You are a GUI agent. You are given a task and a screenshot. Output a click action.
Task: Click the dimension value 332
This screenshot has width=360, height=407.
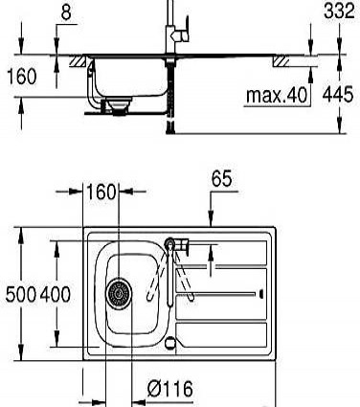(x=339, y=11)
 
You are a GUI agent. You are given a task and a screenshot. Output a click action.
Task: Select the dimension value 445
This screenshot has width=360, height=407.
(x=338, y=94)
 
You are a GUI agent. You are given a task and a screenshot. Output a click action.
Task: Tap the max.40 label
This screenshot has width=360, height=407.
(x=277, y=95)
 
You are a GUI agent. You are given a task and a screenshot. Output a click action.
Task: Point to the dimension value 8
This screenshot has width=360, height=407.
(x=66, y=12)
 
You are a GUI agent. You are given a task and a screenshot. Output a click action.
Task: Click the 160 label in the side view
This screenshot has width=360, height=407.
(x=21, y=77)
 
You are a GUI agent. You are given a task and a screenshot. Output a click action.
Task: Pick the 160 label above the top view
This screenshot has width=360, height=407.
(x=101, y=192)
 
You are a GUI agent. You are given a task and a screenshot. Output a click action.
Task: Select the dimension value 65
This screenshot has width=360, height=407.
(x=221, y=178)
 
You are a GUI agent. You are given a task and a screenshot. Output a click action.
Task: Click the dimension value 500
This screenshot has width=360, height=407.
(x=21, y=294)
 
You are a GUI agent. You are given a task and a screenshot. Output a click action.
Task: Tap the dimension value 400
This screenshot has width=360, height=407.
(x=56, y=294)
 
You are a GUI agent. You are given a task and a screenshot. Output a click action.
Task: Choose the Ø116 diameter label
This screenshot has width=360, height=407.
(x=170, y=389)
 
